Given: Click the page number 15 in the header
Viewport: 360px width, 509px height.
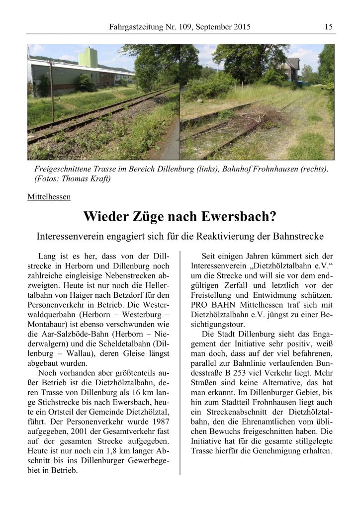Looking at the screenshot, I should tap(328, 27).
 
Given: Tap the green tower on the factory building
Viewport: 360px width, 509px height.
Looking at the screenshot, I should tap(88, 58).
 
